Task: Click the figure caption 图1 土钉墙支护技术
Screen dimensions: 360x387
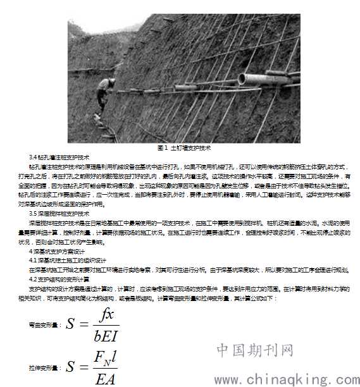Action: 184,147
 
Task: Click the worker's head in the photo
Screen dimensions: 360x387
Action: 112,82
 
